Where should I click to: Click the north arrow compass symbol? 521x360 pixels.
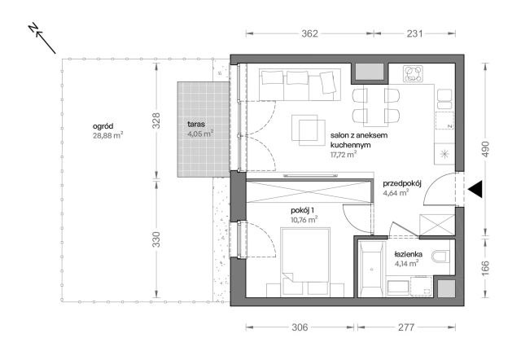pyautogui.click(x=42, y=38)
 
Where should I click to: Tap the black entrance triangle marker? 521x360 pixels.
pyautogui.click(x=475, y=190)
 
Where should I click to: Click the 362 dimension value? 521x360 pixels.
pyautogui.click(x=309, y=33)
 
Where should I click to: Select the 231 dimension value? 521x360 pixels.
pyautogui.click(x=414, y=33)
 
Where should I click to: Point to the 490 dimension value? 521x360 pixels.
pyautogui.click(x=485, y=149)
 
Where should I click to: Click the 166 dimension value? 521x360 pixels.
pyautogui.click(x=485, y=269)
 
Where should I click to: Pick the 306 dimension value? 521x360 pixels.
pyautogui.click(x=300, y=327)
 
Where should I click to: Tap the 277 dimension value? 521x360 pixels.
pyautogui.click(x=406, y=327)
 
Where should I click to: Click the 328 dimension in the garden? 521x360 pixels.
pyautogui.click(x=156, y=121)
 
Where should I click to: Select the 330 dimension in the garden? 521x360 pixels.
pyautogui.click(x=156, y=239)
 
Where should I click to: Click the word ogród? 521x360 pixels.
pyautogui.click(x=103, y=126)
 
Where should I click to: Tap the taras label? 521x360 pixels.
pyautogui.click(x=196, y=125)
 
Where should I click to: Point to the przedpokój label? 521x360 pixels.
pyautogui.click(x=402, y=184)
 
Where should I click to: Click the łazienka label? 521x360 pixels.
pyautogui.click(x=409, y=254)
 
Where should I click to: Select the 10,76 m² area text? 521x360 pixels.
pyautogui.click(x=304, y=220)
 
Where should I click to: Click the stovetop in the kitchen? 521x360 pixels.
pyautogui.click(x=414, y=74)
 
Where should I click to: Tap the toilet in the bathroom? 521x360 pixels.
pyautogui.click(x=440, y=257)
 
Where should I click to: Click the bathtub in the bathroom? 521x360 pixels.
pyautogui.click(x=371, y=269)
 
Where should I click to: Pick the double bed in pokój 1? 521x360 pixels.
pyautogui.click(x=305, y=262)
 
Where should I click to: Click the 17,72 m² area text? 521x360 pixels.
pyautogui.click(x=344, y=155)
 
